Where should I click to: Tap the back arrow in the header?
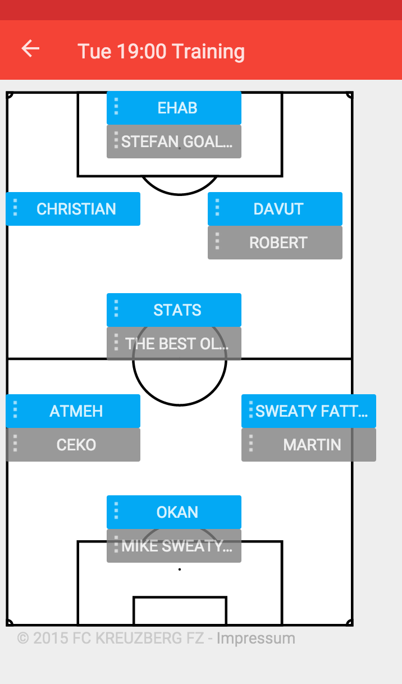point(30,49)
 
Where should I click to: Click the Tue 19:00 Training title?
point(161,51)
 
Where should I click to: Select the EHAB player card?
point(177,108)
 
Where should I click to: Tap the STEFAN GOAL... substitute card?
point(177,142)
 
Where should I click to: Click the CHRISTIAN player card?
point(76,209)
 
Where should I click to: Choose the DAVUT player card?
point(278,209)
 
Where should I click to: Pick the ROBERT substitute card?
point(278,243)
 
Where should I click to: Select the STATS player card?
point(177,310)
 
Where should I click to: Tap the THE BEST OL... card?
point(177,344)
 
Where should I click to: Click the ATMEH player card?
point(76,411)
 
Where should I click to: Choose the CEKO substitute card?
point(76,445)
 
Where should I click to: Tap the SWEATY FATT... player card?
point(312,411)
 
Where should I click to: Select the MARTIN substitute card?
point(312,445)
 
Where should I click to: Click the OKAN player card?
point(177,512)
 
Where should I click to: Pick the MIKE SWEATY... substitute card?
point(177,546)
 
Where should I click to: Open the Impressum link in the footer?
point(255,639)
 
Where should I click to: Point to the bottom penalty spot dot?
point(180,569)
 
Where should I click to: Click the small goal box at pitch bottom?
point(180,611)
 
